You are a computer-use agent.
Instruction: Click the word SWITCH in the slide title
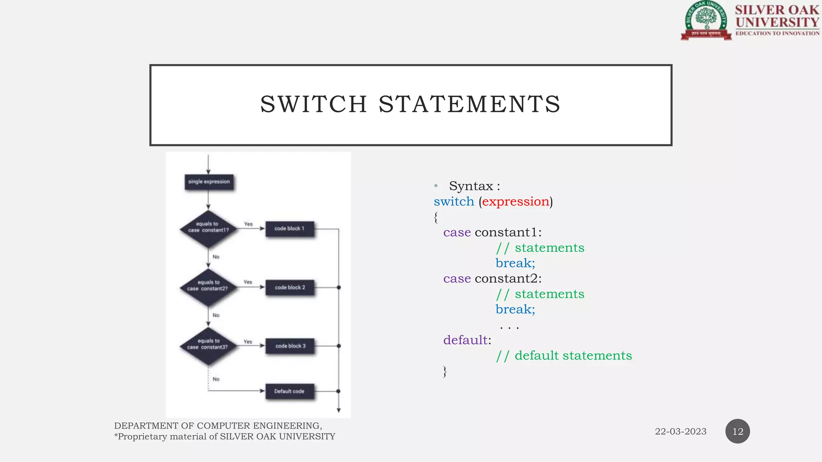point(313,104)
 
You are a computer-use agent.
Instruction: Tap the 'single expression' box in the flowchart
point(209,182)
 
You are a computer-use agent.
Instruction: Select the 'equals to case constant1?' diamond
point(208,228)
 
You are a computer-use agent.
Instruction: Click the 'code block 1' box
point(289,229)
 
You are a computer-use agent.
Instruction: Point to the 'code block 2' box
point(290,288)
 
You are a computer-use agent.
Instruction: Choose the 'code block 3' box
point(290,346)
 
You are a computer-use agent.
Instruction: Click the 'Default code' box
point(289,391)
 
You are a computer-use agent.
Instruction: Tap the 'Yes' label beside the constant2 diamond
point(248,282)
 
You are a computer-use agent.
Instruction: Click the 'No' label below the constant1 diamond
point(216,257)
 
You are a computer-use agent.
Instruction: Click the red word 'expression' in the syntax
point(515,202)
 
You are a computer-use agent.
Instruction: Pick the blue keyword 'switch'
point(454,202)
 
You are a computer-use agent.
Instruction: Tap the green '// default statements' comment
point(564,356)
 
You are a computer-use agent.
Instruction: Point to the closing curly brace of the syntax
point(445,372)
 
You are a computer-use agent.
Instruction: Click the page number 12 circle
point(737,432)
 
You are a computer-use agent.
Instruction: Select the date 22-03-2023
point(680,432)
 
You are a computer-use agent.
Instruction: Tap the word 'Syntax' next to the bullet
point(471,186)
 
